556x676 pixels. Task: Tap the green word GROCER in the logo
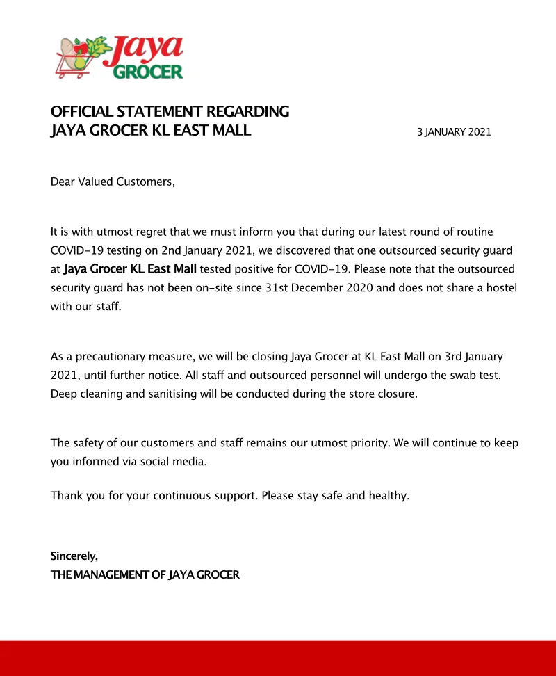point(148,71)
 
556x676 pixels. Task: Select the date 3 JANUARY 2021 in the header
point(454,131)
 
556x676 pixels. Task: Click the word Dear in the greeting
point(63,182)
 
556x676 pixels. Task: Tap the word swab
point(459,376)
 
